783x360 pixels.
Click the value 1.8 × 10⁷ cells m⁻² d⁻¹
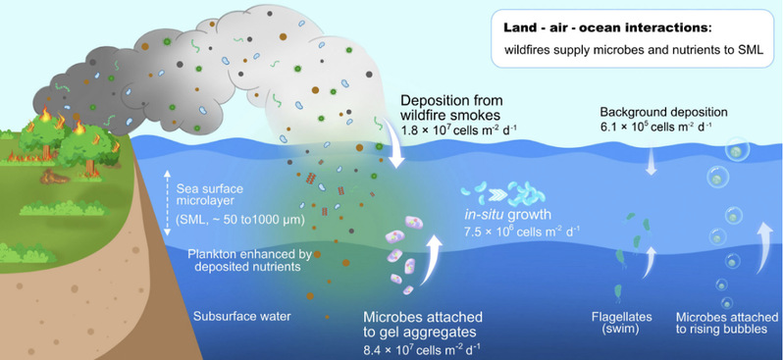pyautogui.click(x=459, y=129)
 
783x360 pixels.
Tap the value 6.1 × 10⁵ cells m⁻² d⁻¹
pyautogui.click(x=656, y=126)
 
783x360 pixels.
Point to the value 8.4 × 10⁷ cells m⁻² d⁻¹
pyautogui.click(x=423, y=348)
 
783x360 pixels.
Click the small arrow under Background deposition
pyautogui.click(x=651, y=162)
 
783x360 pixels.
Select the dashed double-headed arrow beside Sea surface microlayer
pyautogui.click(x=168, y=203)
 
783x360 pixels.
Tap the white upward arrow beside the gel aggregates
pyautogui.click(x=431, y=260)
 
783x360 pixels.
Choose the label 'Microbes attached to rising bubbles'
pyautogui.click(x=727, y=323)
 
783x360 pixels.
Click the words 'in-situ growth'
pyautogui.click(x=505, y=216)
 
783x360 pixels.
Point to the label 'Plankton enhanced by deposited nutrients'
pyautogui.click(x=244, y=260)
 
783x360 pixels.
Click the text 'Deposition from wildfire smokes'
pyautogui.click(x=452, y=107)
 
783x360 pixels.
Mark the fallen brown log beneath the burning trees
pyautogui.click(x=55, y=177)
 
